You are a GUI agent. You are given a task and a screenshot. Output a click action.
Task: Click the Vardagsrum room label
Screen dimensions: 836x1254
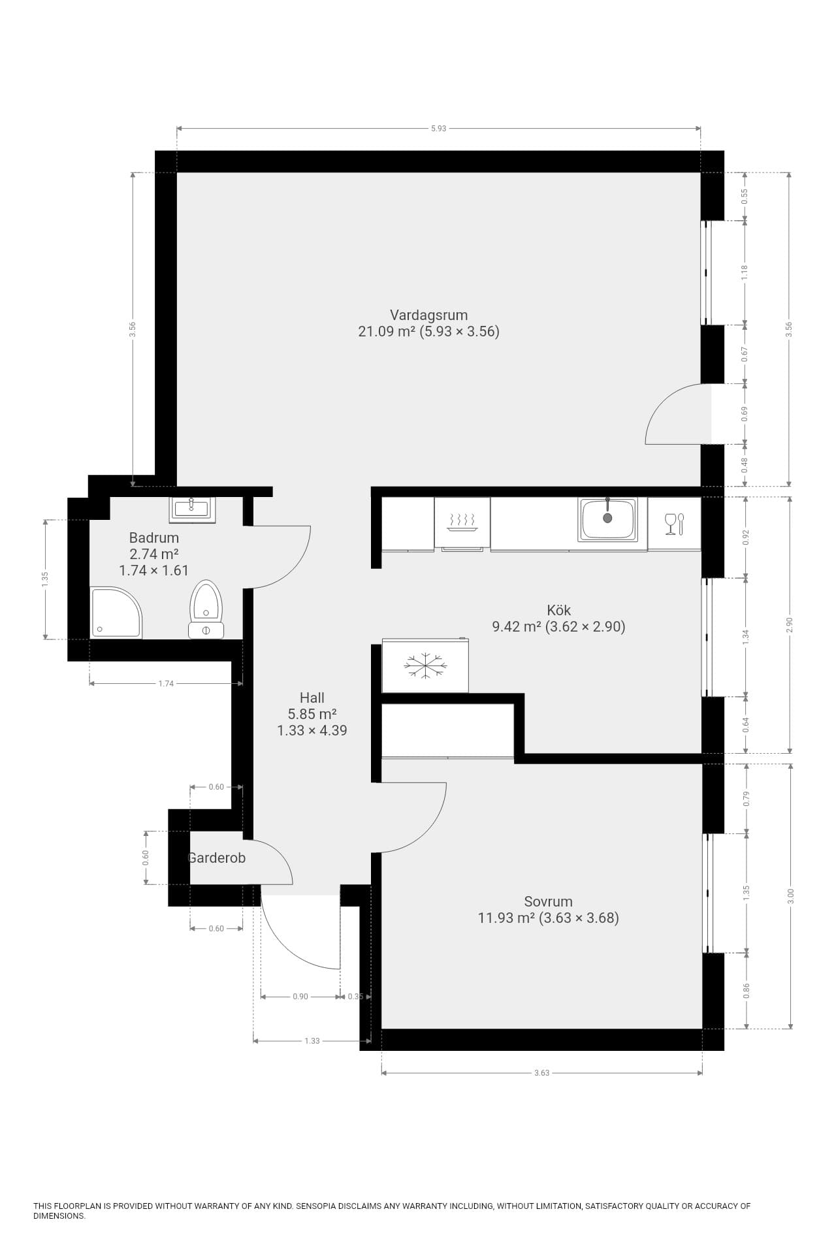(428, 314)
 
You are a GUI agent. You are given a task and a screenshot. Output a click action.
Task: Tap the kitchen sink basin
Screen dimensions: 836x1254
(607, 519)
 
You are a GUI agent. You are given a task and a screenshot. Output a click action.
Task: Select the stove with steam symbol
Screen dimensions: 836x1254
(462, 523)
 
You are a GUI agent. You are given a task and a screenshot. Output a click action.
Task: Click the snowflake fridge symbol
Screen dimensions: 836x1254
(425, 666)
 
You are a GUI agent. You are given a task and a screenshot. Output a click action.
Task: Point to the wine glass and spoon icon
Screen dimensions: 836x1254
(674, 524)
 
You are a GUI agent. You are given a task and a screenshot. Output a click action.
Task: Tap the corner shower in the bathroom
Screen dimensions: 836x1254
(116, 613)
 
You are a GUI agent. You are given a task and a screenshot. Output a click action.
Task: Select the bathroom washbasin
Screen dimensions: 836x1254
(192, 509)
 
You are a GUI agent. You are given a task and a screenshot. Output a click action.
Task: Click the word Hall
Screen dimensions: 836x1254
(312, 698)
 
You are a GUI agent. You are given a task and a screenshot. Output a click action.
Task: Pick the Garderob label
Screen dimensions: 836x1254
(217, 858)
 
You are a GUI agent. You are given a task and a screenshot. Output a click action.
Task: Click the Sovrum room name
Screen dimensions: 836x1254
(548, 901)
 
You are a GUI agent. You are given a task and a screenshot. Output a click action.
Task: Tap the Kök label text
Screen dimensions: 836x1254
(558, 610)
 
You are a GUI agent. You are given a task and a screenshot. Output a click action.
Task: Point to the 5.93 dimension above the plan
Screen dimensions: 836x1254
(438, 129)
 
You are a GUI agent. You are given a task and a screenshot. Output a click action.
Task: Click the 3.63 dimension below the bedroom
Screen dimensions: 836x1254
(541, 1072)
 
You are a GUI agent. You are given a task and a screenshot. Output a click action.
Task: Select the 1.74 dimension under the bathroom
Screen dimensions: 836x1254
(166, 683)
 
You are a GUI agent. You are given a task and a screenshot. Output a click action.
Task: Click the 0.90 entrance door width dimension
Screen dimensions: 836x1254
(300, 997)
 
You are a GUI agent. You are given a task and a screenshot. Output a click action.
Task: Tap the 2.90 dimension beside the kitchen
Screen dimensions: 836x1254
(790, 625)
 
